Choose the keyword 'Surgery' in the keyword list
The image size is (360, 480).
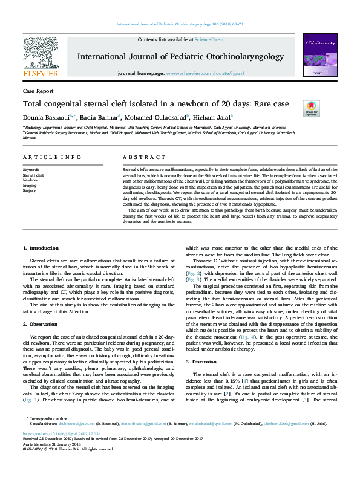pyautogui.click(x=30, y=190)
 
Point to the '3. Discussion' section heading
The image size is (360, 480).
pyautogui.click(x=204, y=361)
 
